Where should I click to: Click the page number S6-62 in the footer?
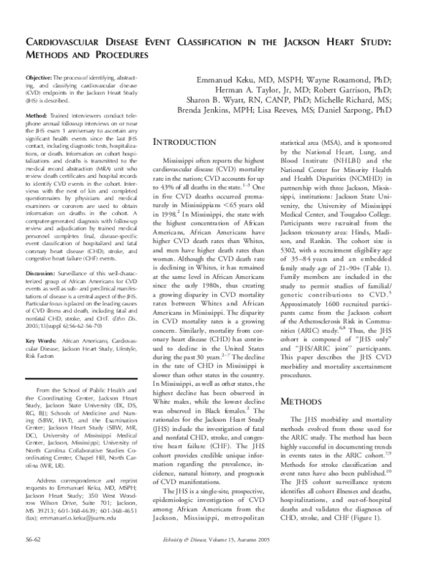pyautogui.click(x=35, y=558)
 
